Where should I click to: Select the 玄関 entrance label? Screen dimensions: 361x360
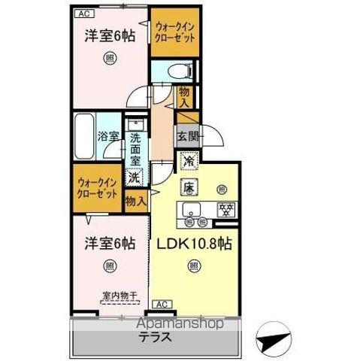[187, 137]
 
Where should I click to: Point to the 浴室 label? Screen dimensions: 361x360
[108, 137]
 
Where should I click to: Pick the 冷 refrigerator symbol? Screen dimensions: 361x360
[189, 160]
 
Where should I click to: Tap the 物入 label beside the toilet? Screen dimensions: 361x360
[185, 97]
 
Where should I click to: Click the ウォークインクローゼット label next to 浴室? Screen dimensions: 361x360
[98, 187]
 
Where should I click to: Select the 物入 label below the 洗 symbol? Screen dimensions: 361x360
[135, 202]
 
